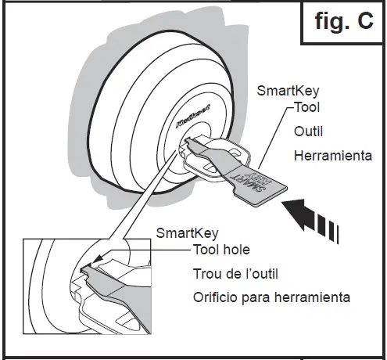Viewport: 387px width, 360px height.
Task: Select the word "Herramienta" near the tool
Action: [332, 156]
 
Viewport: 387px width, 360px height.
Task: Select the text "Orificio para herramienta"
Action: [271, 297]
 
